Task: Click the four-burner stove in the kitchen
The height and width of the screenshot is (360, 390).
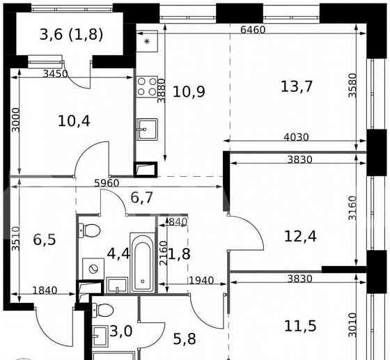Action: tap(147, 86)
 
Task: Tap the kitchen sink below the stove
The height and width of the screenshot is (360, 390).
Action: tap(147, 128)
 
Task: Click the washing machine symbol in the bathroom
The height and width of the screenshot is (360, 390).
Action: tap(92, 267)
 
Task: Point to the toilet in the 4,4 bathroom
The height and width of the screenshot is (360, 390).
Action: tap(90, 230)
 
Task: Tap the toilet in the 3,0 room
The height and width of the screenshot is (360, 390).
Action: tap(103, 310)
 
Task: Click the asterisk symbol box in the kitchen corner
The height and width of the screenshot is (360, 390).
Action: tap(146, 41)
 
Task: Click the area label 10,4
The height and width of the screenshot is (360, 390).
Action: tap(73, 120)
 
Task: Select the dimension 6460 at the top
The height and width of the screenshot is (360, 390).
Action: tap(254, 30)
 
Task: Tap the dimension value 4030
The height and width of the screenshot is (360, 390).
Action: tap(295, 137)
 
